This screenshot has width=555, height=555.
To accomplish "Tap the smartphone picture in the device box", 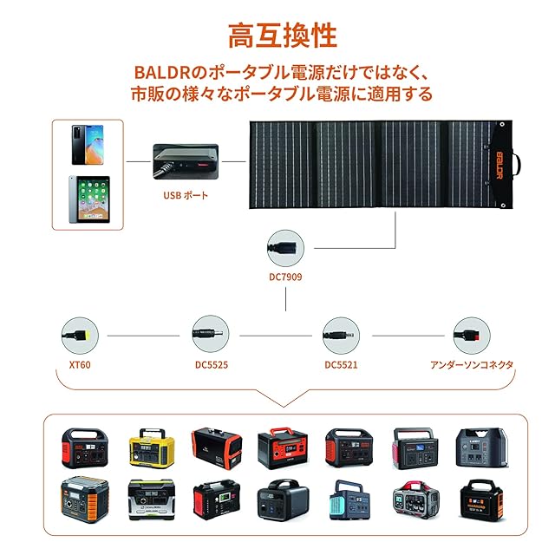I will (88, 144).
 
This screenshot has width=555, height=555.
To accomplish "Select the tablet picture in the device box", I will (88, 200).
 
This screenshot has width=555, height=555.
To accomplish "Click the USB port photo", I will (185, 160).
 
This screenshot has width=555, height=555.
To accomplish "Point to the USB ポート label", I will (186, 195).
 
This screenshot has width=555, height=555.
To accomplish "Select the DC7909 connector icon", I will (285, 247).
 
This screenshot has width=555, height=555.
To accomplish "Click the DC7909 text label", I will (285, 277).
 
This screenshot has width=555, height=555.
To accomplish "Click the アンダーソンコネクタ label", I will (472, 365).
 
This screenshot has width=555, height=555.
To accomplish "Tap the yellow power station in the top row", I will (147, 447).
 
